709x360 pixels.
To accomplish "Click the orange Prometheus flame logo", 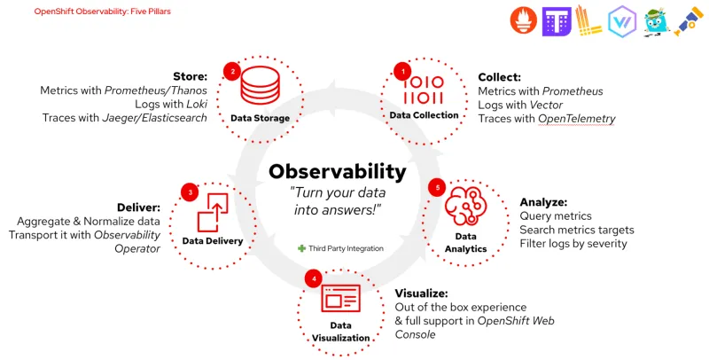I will coord(525,20).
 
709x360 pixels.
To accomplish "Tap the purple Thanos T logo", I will coord(557,20).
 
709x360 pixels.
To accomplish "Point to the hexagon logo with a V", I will coord(622,21).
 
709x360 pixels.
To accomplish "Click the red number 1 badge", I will coord(403,71).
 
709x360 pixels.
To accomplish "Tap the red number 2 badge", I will coord(232,71).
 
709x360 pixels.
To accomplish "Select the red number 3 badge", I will coord(189,192).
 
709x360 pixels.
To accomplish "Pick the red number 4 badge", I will coord(312,278).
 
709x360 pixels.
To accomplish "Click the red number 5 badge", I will coord(435,187).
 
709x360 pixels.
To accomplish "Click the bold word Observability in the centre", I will coord(338,172).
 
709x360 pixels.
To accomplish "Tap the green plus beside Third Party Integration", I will coord(302,248).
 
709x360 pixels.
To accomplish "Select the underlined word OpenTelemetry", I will coord(577,119).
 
